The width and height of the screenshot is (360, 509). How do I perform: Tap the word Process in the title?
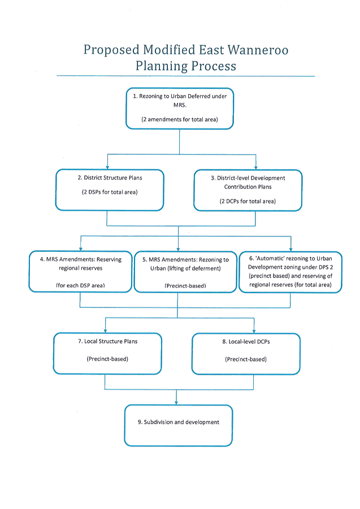pyautogui.click(x=206, y=66)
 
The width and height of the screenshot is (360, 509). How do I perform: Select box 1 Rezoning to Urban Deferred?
pyautogui.click(x=180, y=108)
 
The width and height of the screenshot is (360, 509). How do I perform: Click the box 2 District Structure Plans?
pyautogui.click(x=110, y=189)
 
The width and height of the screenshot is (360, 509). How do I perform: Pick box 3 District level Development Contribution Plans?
pyautogui.click(x=248, y=189)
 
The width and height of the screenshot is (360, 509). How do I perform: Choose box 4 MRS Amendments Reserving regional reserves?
pyautogui.click(x=79, y=271)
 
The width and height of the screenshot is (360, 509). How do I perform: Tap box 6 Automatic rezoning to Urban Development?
pyautogui.click(x=290, y=271)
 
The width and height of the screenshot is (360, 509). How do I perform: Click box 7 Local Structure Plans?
pyautogui.click(x=107, y=353)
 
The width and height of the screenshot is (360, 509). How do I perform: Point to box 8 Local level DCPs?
pyautogui.click(x=246, y=353)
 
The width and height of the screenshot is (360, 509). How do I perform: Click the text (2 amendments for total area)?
pyautogui.click(x=179, y=120)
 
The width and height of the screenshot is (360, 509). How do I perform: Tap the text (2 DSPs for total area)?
pyautogui.click(x=110, y=192)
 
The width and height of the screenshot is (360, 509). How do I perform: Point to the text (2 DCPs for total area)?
pyautogui.click(x=248, y=201)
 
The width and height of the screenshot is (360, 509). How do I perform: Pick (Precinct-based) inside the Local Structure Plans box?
pyautogui.click(x=107, y=359)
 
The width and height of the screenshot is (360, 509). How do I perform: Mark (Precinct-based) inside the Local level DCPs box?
pyautogui.click(x=246, y=359)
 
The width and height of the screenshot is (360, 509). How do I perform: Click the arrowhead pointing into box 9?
pyautogui.click(x=179, y=402)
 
